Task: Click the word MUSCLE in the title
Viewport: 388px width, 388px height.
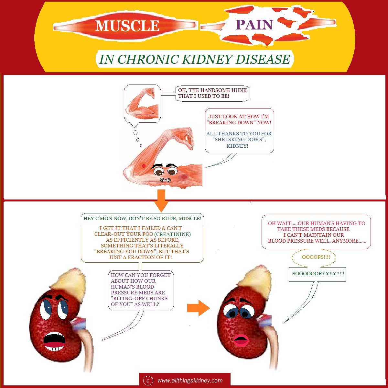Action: [x=127, y=26]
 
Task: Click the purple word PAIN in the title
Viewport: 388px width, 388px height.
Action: [x=254, y=25]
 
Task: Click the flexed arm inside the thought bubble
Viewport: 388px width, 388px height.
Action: [x=142, y=104]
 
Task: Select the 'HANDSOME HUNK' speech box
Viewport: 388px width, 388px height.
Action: [x=212, y=93]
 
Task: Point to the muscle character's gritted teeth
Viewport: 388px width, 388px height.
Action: [x=165, y=180]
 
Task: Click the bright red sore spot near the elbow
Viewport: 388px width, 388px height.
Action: [x=144, y=166]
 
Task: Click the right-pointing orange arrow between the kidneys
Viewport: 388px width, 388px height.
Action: [x=199, y=308]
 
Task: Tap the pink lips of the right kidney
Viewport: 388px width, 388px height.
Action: [x=241, y=341]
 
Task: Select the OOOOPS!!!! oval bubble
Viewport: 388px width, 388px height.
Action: [x=314, y=257]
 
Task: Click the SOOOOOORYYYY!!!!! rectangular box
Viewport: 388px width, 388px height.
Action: [x=317, y=274]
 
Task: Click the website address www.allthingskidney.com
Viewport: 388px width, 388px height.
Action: [x=190, y=381]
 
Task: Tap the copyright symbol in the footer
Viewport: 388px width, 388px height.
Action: [x=148, y=381]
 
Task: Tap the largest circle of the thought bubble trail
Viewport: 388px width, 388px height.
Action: [x=135, y=132]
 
